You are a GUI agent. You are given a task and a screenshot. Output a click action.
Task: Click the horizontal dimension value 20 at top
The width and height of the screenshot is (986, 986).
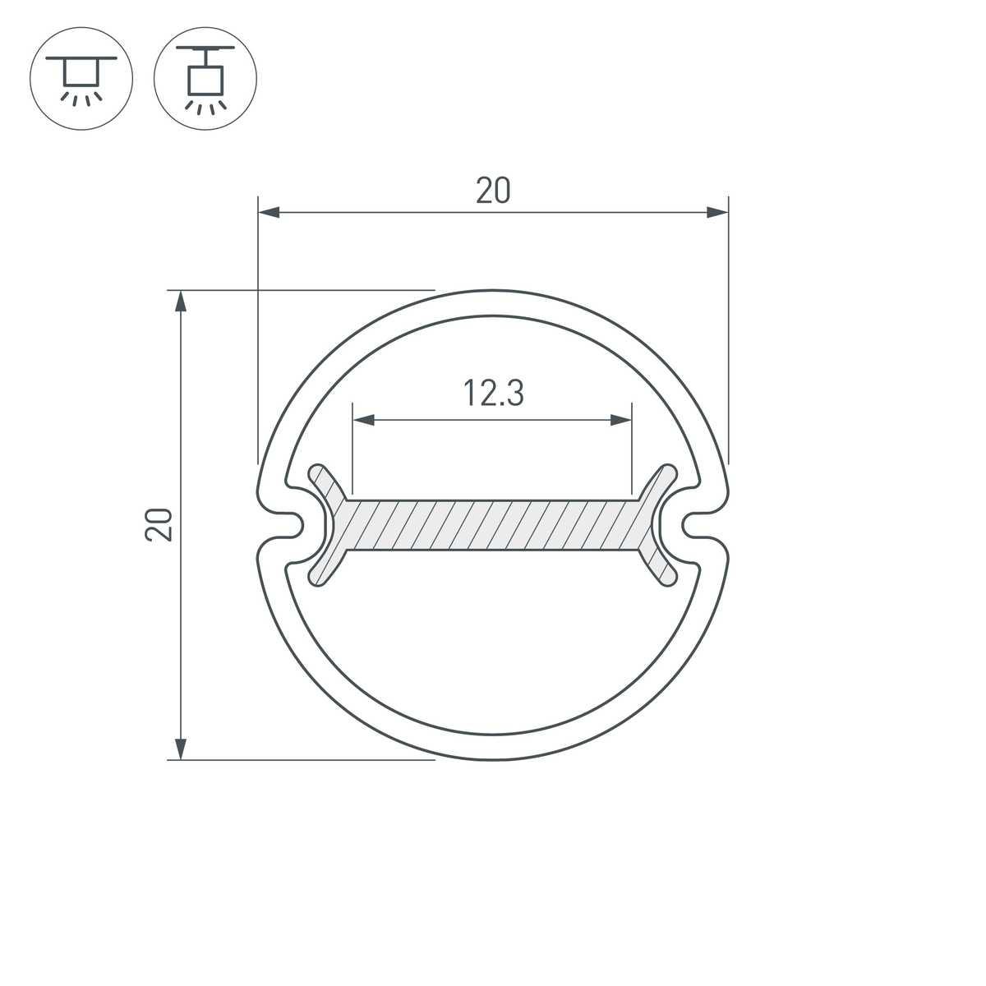(x=493, y=191)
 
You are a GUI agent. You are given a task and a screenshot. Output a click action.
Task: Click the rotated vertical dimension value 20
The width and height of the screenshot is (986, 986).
(x=159, y=524)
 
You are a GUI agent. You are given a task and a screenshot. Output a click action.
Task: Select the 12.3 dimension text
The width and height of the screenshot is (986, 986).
(x=493, y=394)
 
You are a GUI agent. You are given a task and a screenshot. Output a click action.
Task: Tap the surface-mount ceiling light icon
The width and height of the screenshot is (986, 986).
(x=81, y=79)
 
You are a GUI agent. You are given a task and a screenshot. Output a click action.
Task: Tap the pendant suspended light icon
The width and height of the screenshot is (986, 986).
(x=205, y=79)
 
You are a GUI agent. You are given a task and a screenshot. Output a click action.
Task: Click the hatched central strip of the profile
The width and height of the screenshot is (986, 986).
(x=493, y=524)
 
